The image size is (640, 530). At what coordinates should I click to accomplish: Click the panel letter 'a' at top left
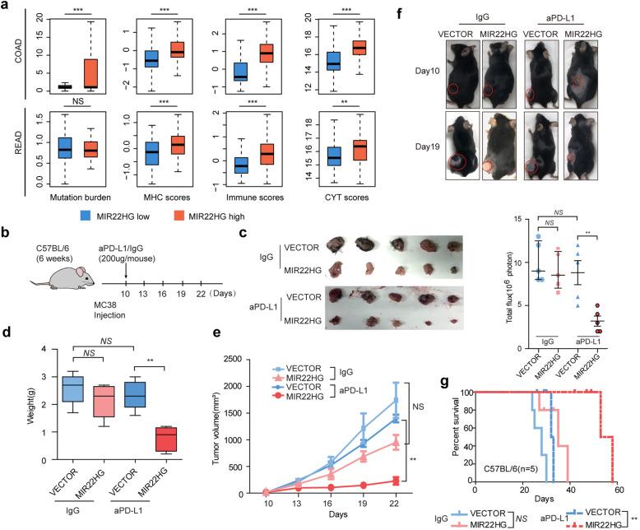pyautogui.click(x=6, y=7)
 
